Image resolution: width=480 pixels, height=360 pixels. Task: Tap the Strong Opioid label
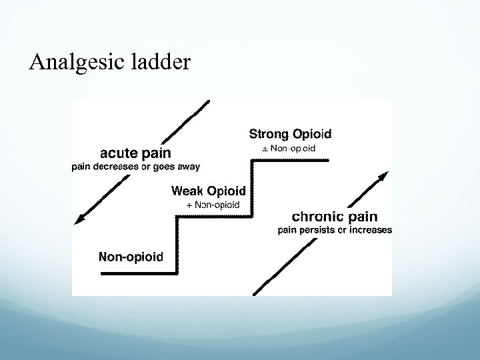(x=290, y=133)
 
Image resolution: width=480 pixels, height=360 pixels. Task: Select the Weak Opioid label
(x=208, y=191)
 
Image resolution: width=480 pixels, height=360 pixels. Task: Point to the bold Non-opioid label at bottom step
(x=131, y=256)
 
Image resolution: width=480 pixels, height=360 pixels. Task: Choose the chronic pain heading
(x=335, y=217)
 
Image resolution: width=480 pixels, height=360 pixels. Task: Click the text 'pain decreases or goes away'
(x=136, y=166)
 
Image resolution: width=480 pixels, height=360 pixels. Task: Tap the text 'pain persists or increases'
(x=335, y=231)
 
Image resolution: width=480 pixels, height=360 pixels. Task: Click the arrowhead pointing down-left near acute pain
(x=79, y=219)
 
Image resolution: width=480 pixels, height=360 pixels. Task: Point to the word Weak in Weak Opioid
(x=188, y=191)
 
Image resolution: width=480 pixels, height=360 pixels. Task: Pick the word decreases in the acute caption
(x=115, y=166)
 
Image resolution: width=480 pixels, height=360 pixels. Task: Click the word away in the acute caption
(x=187, y=166)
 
